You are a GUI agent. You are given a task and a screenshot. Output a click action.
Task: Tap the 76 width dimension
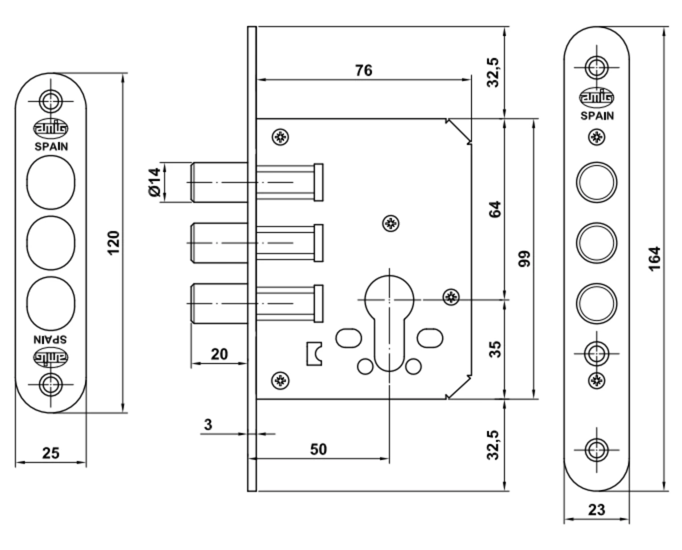[363, 70]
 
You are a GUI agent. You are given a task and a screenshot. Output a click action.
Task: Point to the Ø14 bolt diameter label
[154, 182]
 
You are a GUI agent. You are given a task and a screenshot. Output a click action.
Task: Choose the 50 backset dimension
[319, 449]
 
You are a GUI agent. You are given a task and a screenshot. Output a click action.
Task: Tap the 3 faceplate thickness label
[208, 424]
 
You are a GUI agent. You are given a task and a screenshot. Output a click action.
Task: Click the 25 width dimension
[51, 453]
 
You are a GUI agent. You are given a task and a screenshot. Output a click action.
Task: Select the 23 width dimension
[596, 510]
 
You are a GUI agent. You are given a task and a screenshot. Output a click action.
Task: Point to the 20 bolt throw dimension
[219, 354]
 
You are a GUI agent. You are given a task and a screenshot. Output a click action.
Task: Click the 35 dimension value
[494, 348]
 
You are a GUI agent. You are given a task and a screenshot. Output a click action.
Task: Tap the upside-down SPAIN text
[51, 340]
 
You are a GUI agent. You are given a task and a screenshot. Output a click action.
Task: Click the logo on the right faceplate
[596, 98]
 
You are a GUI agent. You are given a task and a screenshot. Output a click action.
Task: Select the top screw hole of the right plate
[596, 66]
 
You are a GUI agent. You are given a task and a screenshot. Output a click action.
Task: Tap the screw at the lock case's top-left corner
[280, 137]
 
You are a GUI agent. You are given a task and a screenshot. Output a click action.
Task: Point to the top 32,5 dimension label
[494, 72]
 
